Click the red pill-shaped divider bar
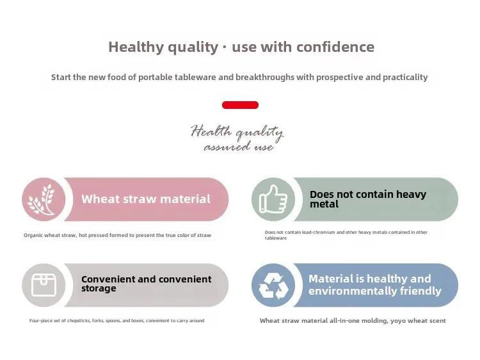240,105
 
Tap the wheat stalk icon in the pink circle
42,199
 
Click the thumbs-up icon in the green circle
273,199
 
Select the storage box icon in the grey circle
44,285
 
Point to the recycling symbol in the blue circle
273,286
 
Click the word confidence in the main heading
335,47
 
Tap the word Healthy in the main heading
136,47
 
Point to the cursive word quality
260,133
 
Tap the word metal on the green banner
324,204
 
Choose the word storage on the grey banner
99,289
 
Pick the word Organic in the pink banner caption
33,235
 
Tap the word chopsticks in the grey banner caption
79,320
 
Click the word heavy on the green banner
411,195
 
